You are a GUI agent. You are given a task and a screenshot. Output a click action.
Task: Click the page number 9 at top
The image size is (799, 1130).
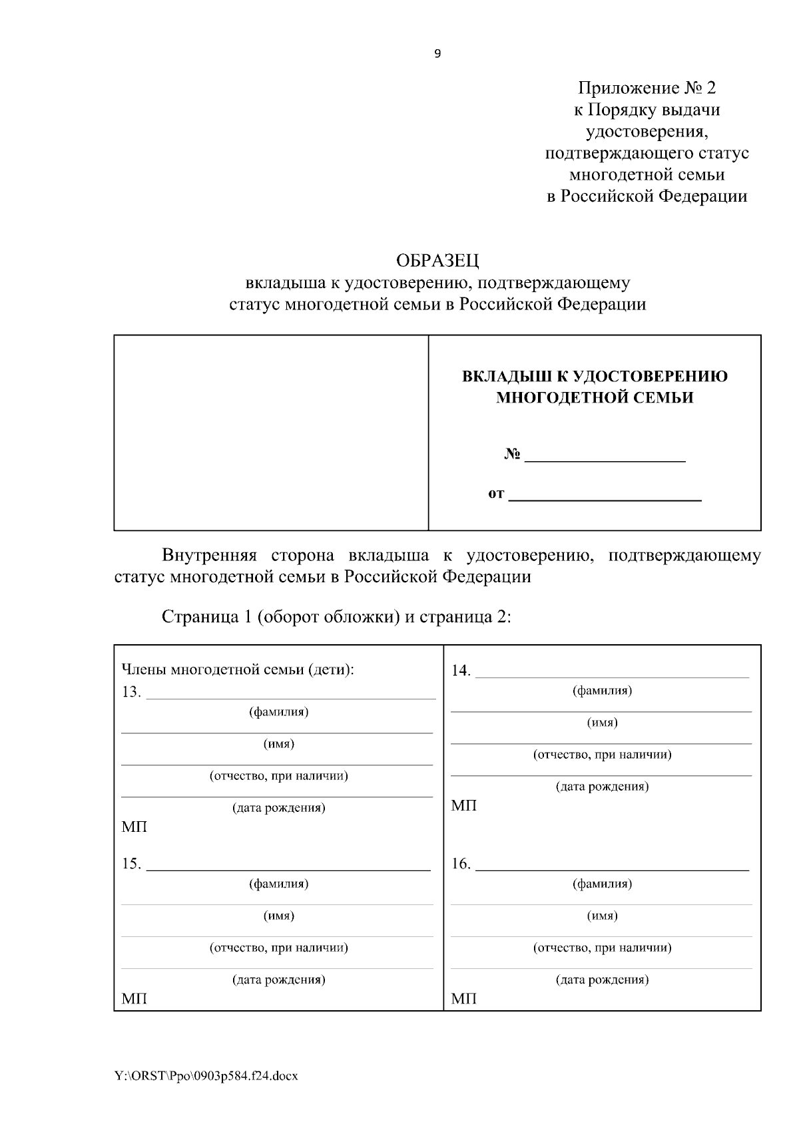coord(437,55)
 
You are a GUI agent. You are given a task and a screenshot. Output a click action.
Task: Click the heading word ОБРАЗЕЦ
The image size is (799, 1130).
coord(437,260)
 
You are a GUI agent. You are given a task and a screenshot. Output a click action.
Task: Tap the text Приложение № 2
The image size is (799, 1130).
coord(647,88)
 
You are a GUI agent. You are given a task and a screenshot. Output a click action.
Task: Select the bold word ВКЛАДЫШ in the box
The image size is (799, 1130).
coord(506,377)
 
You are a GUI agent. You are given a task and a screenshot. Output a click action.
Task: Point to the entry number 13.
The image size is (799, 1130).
coord(131,692)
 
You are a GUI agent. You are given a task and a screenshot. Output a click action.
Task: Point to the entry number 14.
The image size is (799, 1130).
coord(461,671)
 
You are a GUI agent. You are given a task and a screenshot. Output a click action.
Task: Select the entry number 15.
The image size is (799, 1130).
coord(131,864)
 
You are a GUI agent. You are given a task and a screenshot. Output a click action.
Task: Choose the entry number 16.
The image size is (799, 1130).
coord(461,864)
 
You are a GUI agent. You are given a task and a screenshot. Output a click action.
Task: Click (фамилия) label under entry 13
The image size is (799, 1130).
coord(278,712)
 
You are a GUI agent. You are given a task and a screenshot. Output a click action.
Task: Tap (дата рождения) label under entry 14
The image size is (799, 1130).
coord(602,787)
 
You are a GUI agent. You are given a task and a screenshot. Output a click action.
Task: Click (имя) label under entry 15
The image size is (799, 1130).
coord(278,916)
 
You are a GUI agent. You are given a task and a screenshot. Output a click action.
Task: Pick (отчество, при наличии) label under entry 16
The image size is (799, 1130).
coord(602,948)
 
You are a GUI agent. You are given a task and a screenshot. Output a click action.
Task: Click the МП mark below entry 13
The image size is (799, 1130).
coord(134,827)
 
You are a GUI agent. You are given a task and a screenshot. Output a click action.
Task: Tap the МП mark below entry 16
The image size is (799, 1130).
coord(463,999)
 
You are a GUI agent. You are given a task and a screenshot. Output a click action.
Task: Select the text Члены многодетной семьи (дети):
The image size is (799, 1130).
coord(238,670)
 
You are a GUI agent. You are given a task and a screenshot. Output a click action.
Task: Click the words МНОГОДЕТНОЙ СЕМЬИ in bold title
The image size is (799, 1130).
coord(595,398)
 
